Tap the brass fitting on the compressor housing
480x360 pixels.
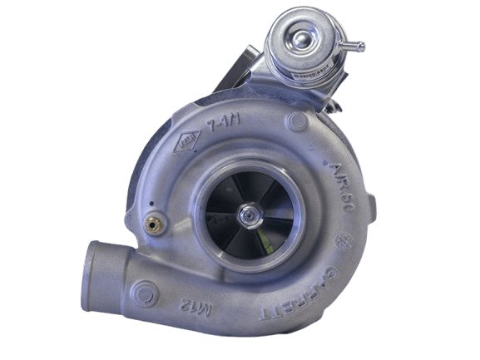pos(153,224)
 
